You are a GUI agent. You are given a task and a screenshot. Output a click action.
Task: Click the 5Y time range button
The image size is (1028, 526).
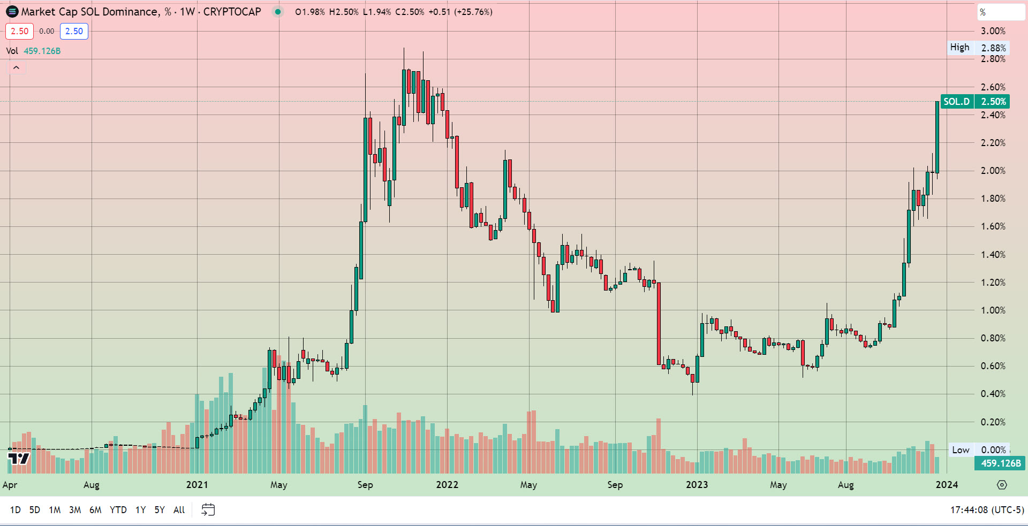tap(160, 510)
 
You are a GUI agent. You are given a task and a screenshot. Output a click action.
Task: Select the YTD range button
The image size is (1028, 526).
tap(118, 510)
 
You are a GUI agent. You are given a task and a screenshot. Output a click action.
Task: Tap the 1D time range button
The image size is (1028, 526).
tap(16, 510)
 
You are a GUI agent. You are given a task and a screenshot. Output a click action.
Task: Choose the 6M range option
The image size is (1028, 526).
tap(95, 510)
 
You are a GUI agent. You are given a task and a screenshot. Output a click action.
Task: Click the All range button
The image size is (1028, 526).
tap(179, 510)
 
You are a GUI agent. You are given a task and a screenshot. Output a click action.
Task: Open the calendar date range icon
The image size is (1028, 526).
tap(208, 510)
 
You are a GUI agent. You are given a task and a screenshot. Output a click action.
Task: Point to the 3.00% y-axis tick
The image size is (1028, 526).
tap(993, 31)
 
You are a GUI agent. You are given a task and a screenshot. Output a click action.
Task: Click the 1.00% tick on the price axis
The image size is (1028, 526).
tap(993, 310)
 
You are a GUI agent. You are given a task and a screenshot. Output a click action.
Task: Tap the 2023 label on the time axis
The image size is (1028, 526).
tap(697, 485)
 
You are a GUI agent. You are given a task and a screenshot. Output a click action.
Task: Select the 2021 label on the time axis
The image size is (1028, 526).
tap(197, 485)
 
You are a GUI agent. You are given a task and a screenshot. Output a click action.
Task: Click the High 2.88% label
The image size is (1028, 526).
tap(978, 48)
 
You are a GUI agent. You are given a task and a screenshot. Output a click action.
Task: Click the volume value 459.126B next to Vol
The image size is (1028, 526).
tap(42, 51)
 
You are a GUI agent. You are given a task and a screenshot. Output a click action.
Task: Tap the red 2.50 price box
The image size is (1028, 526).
tap(19, 31)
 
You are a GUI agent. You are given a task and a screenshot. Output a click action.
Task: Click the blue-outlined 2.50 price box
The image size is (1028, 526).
tap(74, 31)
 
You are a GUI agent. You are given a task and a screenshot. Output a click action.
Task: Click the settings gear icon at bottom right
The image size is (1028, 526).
tap(1002, 485)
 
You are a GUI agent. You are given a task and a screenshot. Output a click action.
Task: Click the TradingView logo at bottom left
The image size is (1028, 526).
tap(19, 459)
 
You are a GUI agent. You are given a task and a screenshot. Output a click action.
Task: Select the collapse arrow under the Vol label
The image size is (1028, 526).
tap(16, 67)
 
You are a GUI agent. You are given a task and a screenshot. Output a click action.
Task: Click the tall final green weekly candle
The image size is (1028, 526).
tap(937, 137)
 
